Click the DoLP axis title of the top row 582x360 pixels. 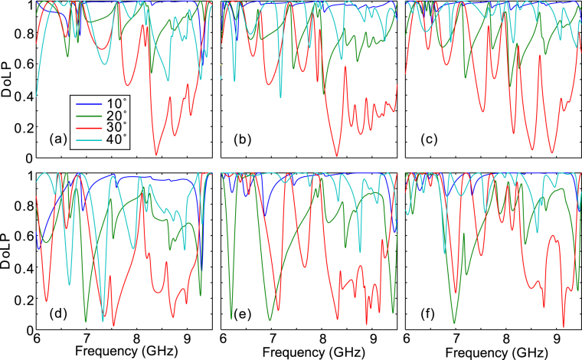pyautogui.click(x=8, y=80)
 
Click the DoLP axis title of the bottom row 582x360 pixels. pyautogui.click(x=8, y=251)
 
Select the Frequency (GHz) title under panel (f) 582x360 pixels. pyautogui.click(x=494, y=352)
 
